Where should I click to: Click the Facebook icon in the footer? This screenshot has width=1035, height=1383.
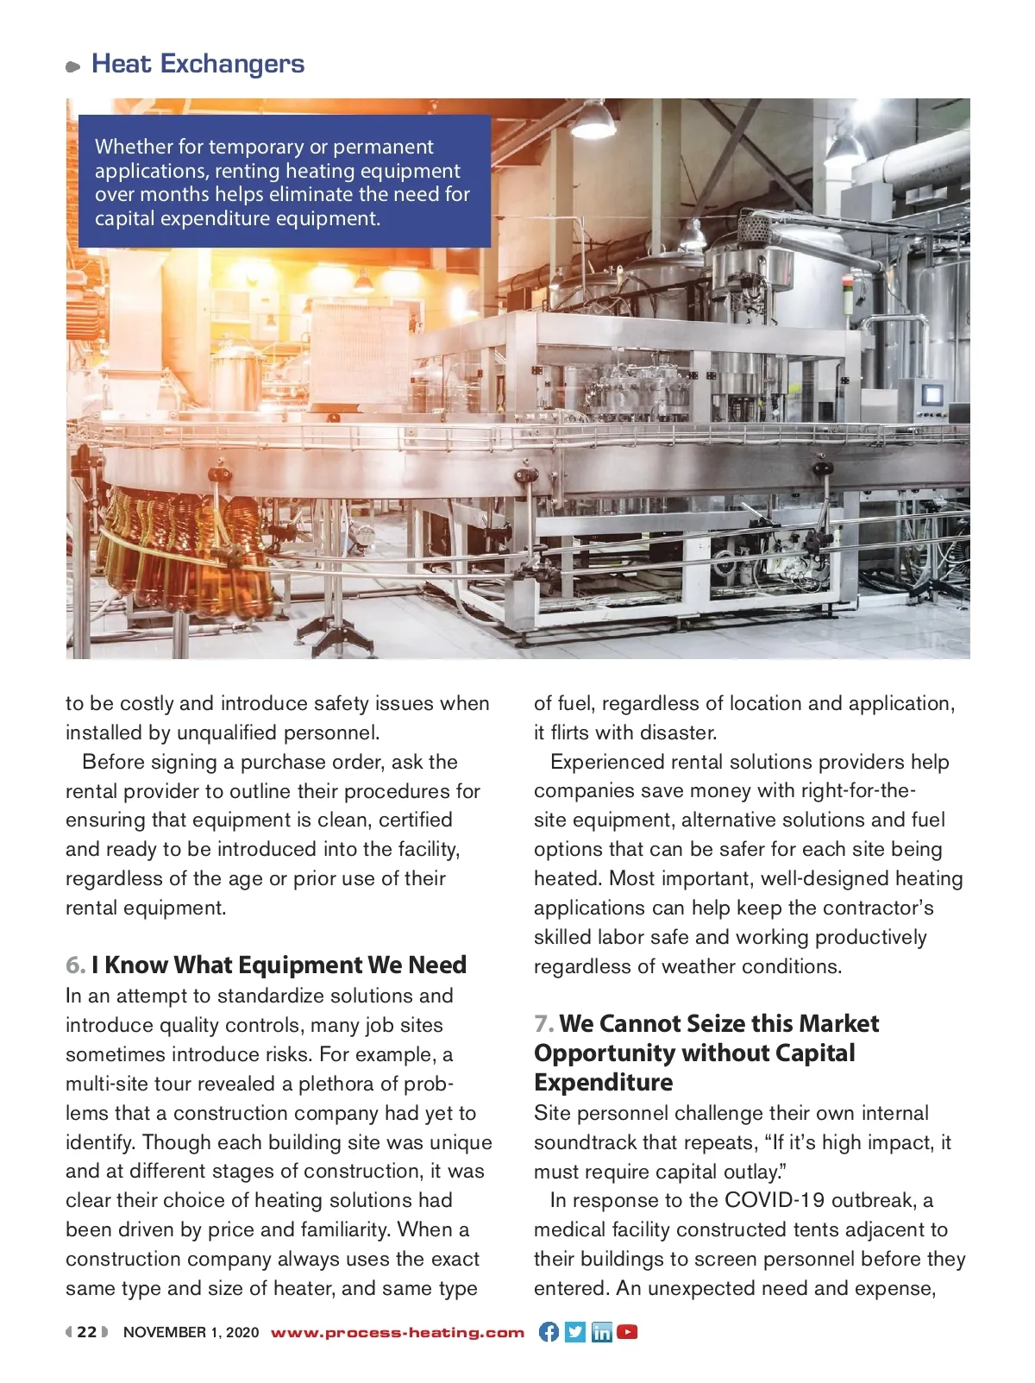click(549, 1332)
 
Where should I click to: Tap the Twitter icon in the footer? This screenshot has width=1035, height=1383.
click(575, 1332)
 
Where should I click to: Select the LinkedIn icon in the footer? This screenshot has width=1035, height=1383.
click(601, 1332)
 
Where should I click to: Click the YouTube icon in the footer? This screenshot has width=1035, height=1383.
click(628, 1332)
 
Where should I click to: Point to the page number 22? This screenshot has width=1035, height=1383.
click(87, 1332)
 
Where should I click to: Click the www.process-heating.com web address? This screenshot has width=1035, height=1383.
click(398, 1332)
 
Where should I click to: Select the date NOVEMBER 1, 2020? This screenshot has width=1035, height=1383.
click(191, 1332)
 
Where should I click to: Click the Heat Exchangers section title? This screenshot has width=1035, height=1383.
click(198, 64)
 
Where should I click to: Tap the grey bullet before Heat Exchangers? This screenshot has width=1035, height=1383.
click(73, 66)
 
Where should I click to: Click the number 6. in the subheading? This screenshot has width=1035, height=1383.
click(75, 965)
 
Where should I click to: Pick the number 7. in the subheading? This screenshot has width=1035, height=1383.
click(543, 1023)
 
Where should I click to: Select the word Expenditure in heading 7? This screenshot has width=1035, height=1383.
click(604, 1082)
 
